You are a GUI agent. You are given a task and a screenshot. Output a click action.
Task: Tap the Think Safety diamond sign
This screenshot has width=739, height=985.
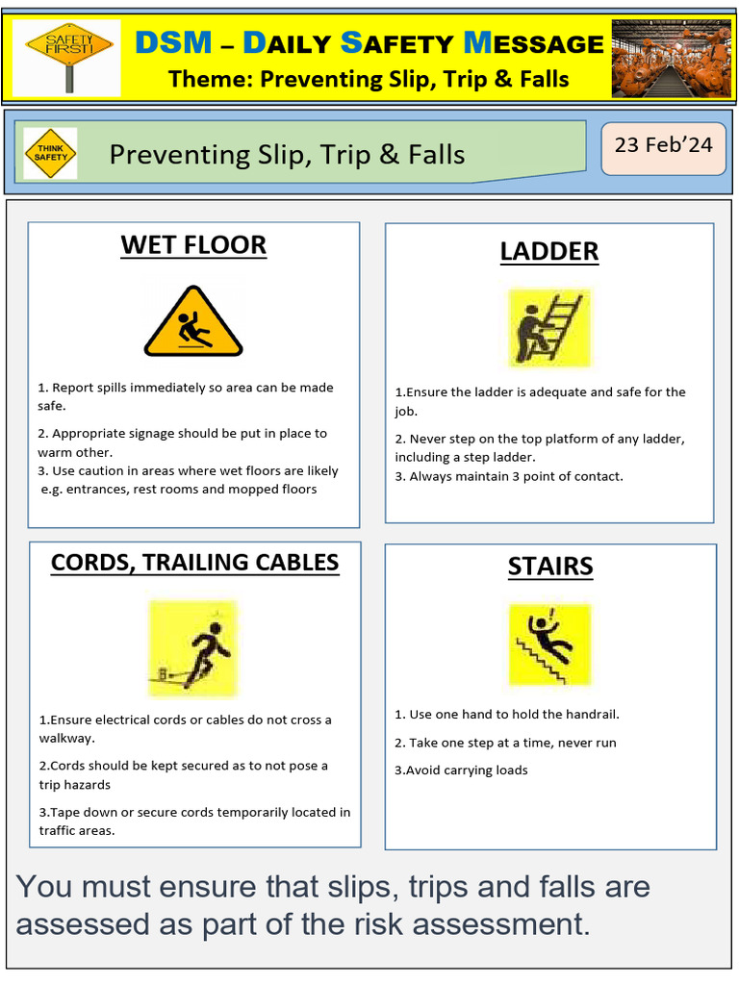coord(50,154)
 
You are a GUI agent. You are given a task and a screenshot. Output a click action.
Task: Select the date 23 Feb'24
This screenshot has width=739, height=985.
coord(663,145)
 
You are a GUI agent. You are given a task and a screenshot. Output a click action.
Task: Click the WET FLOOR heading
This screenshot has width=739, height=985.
coord(193,245)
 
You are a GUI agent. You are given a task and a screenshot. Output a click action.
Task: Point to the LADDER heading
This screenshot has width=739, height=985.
coord(548,252)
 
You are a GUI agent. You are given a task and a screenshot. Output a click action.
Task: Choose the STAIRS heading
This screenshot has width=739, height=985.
coord(550,568)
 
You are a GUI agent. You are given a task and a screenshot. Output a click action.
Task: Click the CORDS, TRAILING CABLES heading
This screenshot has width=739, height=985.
coord(194,563)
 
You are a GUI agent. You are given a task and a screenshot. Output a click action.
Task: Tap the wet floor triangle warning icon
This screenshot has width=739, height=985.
coord(193,322)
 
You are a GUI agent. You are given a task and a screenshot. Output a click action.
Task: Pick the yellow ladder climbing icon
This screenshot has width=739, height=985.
coord(549,327)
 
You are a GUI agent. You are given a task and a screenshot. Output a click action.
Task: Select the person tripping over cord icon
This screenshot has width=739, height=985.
coord(193,648)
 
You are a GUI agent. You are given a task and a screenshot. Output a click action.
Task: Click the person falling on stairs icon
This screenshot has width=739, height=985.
coord(549,644)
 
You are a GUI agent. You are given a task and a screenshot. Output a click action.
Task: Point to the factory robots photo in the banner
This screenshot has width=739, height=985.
coord(671,58)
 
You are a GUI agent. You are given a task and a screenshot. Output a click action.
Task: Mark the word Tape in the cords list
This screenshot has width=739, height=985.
coord(66,812)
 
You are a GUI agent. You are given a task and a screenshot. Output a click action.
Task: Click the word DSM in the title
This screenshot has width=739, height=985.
coord(173,42)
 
